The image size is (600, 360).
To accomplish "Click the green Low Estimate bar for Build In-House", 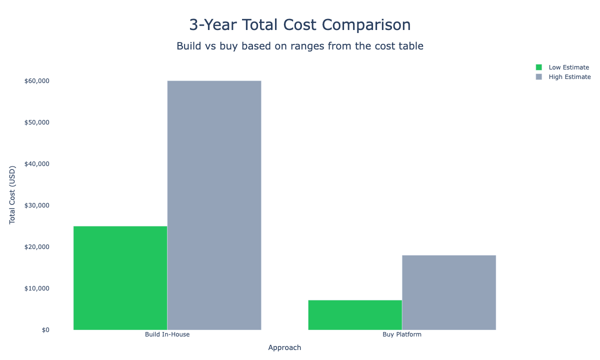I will (120, 277).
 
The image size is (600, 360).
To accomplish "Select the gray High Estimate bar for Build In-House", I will (214, 205).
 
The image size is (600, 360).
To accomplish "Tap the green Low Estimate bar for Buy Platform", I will (354, 314).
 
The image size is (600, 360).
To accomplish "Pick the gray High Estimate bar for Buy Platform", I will (448, 292).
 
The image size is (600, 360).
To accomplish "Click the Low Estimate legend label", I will (568, 67).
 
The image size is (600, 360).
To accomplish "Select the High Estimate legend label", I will (569, 77).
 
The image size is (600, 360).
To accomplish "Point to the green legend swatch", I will (539, 67).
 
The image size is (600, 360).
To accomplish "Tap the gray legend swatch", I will (539, 77).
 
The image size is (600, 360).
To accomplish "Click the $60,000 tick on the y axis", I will (36, 81).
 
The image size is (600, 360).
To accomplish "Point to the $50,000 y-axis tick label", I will (36, 122).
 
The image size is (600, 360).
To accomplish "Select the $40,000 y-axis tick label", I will (36, 164).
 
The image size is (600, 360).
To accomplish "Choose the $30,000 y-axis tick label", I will (36, 205).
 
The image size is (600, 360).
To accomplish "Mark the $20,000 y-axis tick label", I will (36, 247).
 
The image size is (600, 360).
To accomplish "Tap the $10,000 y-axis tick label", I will (36, 288).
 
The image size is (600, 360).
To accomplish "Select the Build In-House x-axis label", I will (167, 334).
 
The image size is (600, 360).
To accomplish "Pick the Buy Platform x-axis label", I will (401, 334).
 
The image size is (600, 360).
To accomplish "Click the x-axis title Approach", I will (284, 347).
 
